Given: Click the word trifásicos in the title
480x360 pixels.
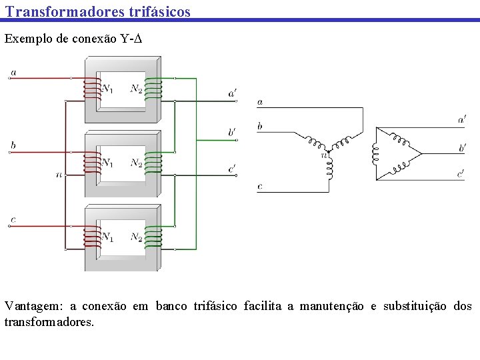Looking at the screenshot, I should pyautogui.click(x=155, y=11).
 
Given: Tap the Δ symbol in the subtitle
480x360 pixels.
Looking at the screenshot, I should pyautogui.click(x=139, y=39).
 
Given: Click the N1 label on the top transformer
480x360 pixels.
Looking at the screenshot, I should pyautogui.click(x=107, y=88).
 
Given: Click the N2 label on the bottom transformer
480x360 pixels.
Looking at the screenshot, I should pyautogui.click(x=136, y=237).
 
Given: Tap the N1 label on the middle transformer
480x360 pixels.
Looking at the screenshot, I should pyautogui.click(x=107, y=162).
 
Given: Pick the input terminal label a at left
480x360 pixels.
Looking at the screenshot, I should pyautogui.click(x=14, y=72).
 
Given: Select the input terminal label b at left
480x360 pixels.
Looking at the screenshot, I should pyautogui.click(x=13, y=145).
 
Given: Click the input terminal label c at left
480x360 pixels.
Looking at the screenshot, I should pyautogui.click(x=13, y=219).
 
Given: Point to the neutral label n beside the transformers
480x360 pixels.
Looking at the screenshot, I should pyautogui.click(x=59, y=175).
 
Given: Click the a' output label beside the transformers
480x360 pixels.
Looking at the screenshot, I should pyautogui.click(x=232, y=94).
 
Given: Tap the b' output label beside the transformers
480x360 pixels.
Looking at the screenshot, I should pyautogui.click(x=232, y=132).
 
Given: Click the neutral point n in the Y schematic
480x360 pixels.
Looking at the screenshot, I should pyautogui.click(x=325, y=155).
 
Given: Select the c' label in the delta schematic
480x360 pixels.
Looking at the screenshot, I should pyautogui.click(x=461, y=173).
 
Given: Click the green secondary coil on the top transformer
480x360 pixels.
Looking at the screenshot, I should pyautogui.click(x=153, y=89).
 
